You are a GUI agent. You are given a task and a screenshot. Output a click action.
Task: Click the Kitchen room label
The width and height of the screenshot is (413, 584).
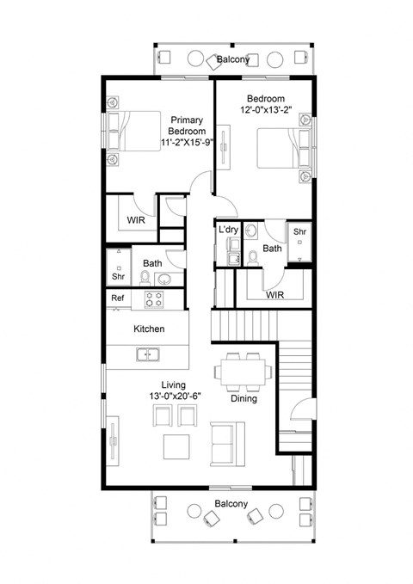pos(149,329)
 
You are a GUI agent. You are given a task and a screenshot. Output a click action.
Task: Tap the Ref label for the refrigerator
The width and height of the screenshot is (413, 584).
pos(118,298)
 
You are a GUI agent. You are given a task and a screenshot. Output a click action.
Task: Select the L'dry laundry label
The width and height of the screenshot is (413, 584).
pos(228,230)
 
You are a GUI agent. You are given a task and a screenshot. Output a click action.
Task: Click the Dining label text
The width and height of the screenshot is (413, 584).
pos(244,399)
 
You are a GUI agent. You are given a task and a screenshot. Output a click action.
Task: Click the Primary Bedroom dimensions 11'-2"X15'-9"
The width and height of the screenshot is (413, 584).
pos(187,143)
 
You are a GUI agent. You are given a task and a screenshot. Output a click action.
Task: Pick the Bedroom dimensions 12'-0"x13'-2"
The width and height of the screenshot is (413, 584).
pos(267,110)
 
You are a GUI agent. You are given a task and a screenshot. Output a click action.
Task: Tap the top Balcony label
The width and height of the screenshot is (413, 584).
pos(233,59)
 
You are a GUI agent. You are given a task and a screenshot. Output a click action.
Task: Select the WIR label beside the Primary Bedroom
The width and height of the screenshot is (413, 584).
pos(136,220)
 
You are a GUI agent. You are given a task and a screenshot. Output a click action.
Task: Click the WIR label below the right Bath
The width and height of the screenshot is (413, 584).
pos(275,294)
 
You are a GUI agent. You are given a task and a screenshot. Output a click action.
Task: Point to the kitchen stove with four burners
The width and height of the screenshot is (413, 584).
pos(154,299)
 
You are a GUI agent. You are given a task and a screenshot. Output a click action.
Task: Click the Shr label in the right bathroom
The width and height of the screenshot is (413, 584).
pos(299,233)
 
